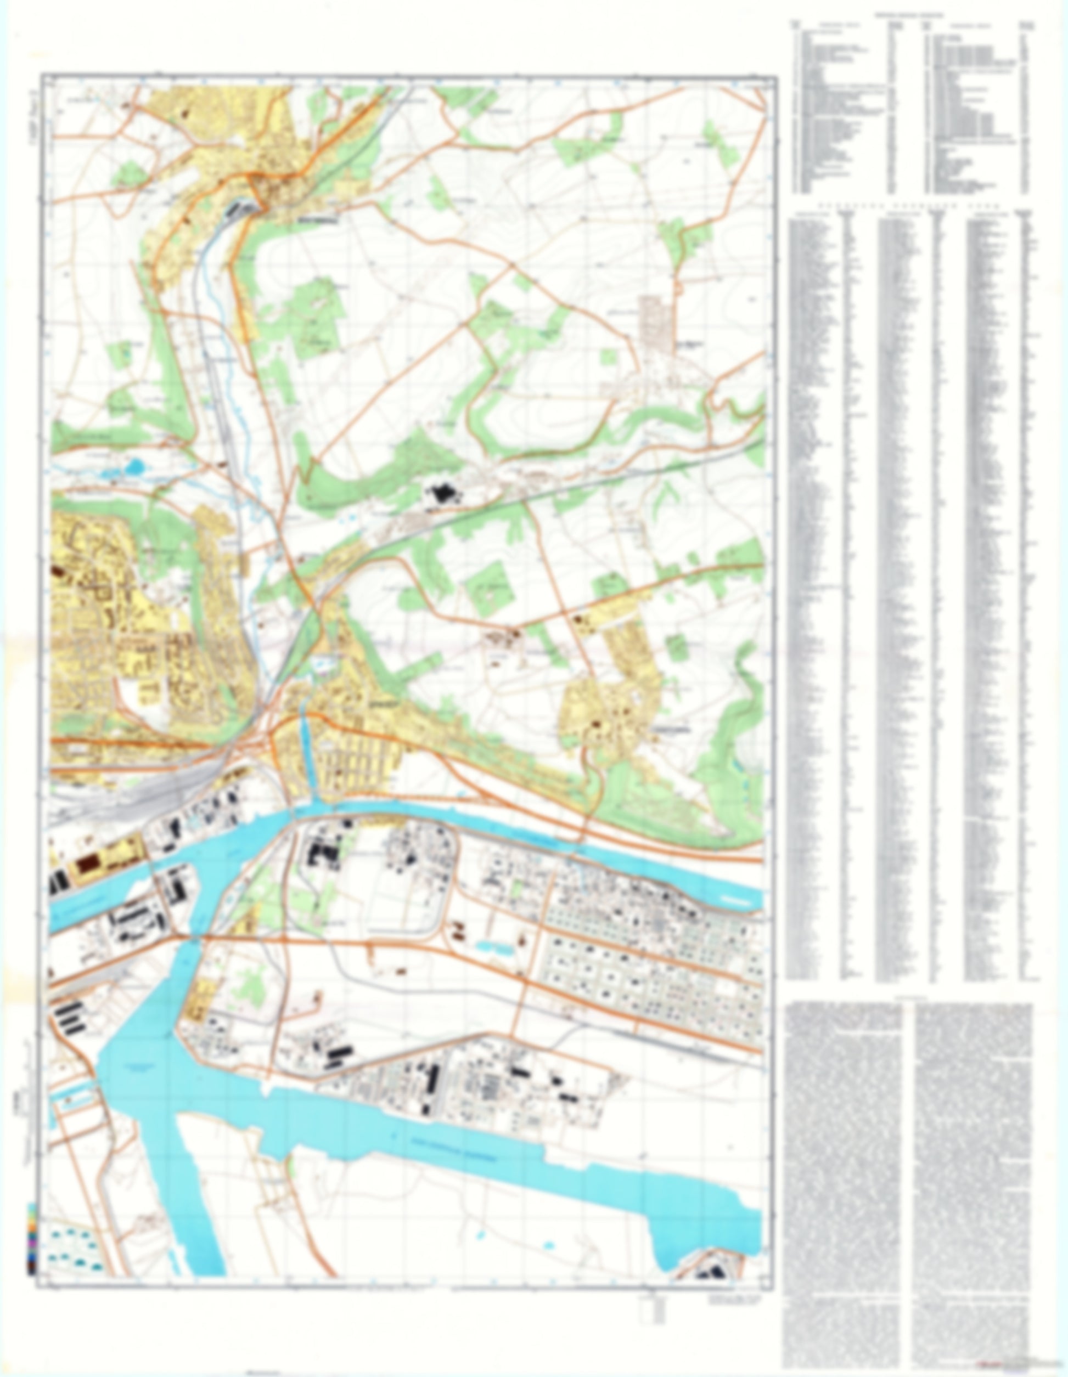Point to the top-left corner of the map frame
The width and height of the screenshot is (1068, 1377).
(x=42, y=75)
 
